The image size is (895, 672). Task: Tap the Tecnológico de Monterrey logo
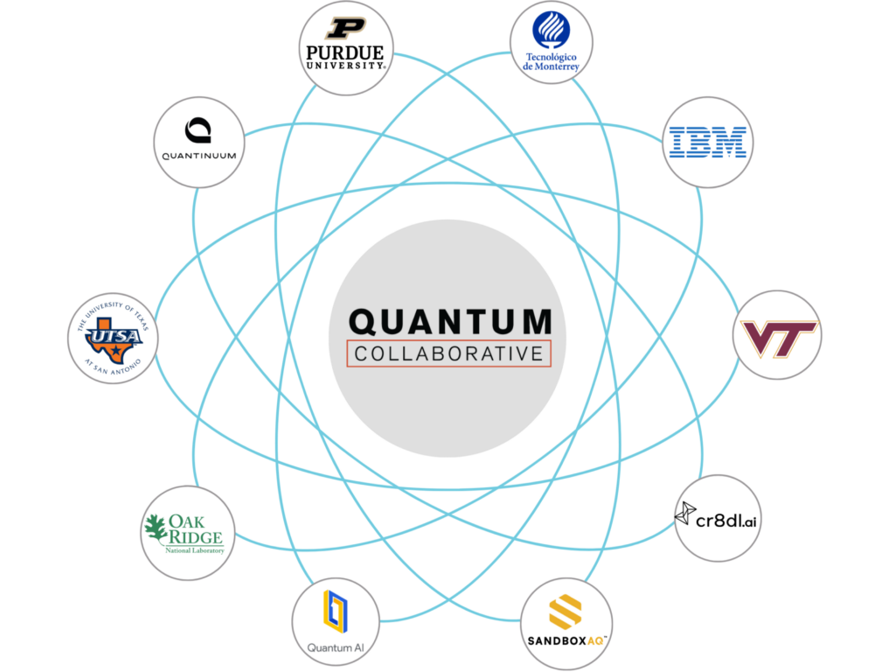point(551,41)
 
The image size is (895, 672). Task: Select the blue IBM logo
point(708,143)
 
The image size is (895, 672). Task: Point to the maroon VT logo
point(779,339)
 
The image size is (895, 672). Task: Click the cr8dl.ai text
point(726,520)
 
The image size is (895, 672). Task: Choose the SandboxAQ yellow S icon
point(565,612)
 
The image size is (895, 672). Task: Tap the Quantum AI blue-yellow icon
point(336,612)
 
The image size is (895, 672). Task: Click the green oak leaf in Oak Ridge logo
point(156,528)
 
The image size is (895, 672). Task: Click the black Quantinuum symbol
point(198,130)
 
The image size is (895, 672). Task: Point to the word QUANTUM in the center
point(450,321)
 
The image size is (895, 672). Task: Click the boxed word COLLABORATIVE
point(448,353)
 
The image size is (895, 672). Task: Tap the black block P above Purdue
point(345,28)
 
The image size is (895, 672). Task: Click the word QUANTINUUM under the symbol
point(199,156)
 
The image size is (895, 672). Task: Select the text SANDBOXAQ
point(565,641)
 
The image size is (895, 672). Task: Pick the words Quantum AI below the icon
point(336,648)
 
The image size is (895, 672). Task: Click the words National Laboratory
point(195,551)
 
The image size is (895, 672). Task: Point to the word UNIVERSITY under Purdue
point(346,66)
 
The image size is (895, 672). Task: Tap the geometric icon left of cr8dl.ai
point(685,513)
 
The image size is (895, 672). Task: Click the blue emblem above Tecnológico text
point(551,30)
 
